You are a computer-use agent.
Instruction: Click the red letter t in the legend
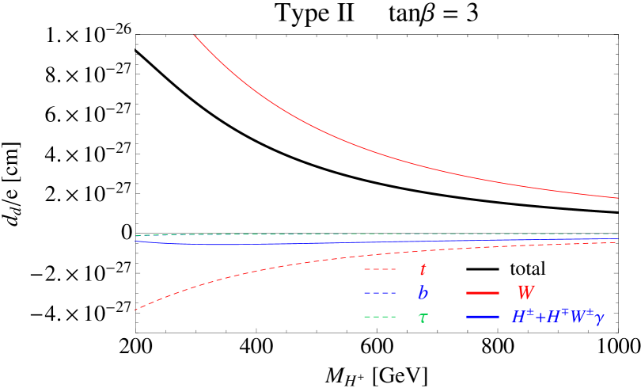point(423,270)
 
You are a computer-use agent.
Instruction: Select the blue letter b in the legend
point(423,293)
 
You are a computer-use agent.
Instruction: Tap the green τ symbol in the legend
point(423,318)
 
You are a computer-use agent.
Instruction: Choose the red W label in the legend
point(525,293)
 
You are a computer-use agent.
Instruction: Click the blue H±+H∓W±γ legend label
point(557,317)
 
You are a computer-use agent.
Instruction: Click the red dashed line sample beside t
point(380,270)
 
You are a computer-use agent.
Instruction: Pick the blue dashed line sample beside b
point(380,294)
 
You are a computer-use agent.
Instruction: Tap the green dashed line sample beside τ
point(380,318)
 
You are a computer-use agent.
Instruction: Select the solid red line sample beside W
point(483,293)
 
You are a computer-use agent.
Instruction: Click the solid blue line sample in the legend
point(483,317)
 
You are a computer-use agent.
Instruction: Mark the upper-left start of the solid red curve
point(195,36)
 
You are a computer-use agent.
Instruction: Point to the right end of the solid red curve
point(617,198)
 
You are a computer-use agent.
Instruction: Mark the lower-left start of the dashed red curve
point(135,310)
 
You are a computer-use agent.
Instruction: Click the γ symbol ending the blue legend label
point(599,318)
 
